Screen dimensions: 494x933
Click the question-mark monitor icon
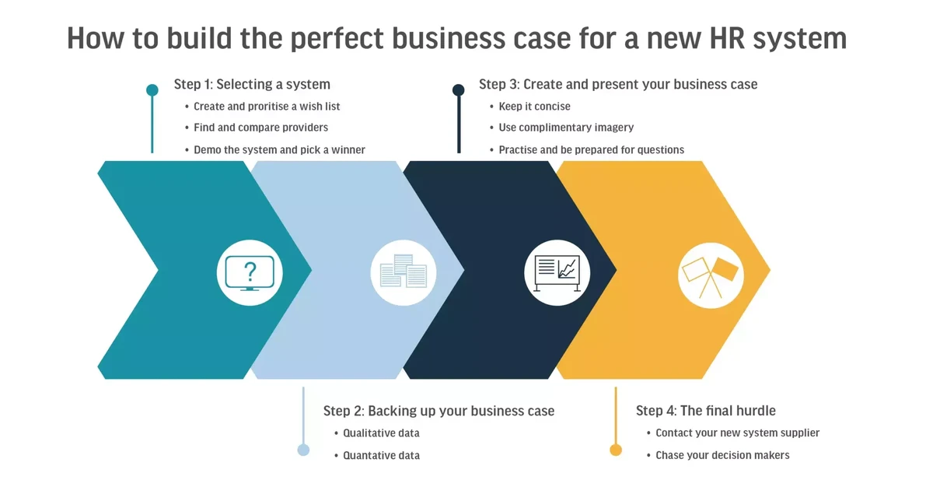(x=250, y=272)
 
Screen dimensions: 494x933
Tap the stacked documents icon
(x=403, y=272)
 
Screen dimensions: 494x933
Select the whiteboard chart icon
(x=557, y=272)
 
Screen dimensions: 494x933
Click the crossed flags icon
(x=711, y=272)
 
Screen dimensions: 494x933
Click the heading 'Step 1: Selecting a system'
(x=252, y=84)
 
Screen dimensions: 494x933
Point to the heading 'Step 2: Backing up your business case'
(x=439, y=410)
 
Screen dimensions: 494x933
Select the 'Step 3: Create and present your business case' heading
(x=618, y=84)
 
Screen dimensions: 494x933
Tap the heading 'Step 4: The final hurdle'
(x=705, y=410)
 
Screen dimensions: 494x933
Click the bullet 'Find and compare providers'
(x=260, y=127)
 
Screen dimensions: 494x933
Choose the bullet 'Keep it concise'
(x=534, y=106)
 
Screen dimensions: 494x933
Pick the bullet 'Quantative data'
(x=381, y=455)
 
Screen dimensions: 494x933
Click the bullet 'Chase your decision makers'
(x=722, y=455)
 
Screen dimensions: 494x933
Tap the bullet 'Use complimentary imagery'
(x=566, y=127)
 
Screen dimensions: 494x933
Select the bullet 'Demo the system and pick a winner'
(x=279, y=149)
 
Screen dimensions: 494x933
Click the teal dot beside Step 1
(x=152, y=90)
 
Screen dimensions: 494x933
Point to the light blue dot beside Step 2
(x=303, y=450)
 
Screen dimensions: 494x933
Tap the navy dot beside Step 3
(x=459, y=90)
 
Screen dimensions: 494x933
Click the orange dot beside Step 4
(x=616, y=450)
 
